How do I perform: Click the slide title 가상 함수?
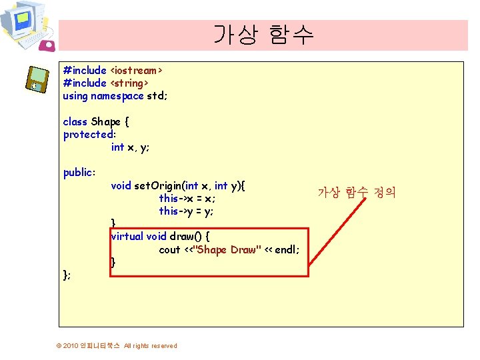[x=263, y=35]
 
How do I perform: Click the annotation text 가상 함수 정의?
[x=356, y=193]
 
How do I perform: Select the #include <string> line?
[x=105, y=83]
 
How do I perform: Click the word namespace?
[x=117, y=95]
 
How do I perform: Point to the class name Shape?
[x=105, y=121]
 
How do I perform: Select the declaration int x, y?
[x=130, y=147]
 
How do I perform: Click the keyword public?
[x=79, y=173]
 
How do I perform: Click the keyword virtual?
[x=127, y=236]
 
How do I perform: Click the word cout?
[x=169, y=249]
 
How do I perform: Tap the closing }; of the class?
[x=67, y=275]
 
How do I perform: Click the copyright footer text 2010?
[x=70, y=345]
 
